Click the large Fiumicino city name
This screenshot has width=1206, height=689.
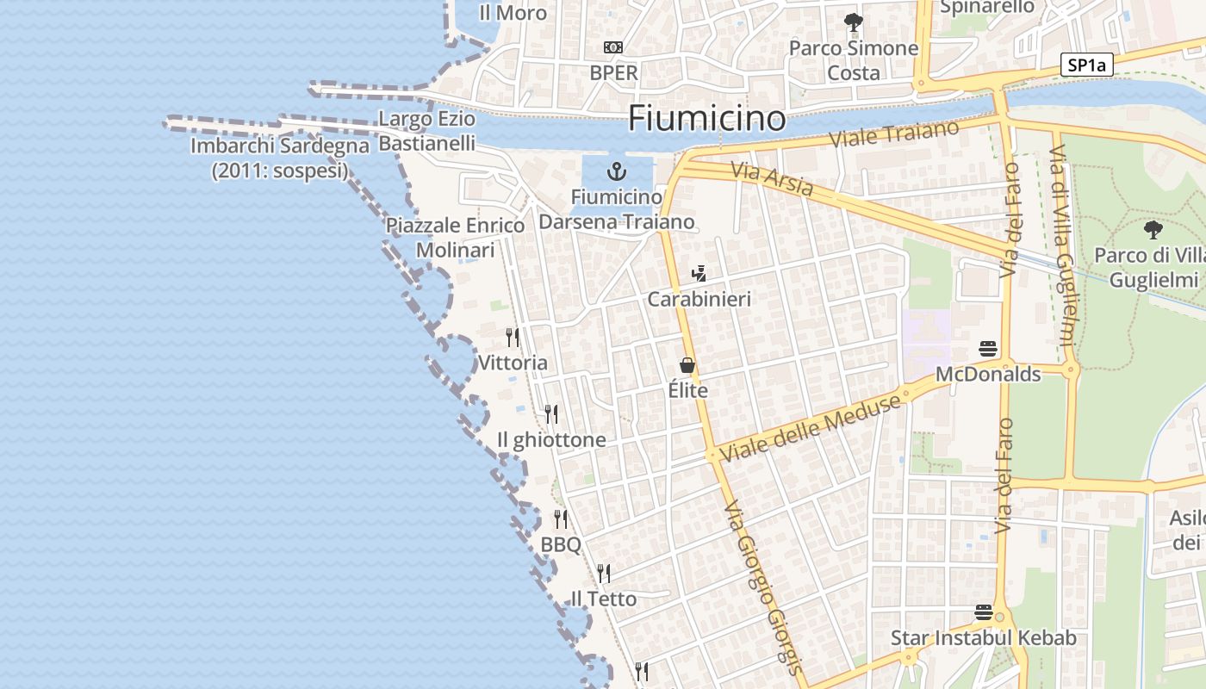pos(706,118)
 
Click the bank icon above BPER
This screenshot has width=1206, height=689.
pos(613,47)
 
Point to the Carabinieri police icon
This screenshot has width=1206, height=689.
pos(699,274)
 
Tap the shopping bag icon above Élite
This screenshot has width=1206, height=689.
pos(687,365)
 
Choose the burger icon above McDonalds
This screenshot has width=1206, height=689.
pos(988,349)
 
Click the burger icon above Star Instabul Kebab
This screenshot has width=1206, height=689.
pos(984,612)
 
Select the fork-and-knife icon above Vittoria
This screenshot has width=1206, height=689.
pos(513,336)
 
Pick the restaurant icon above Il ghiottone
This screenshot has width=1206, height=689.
pos(551,414)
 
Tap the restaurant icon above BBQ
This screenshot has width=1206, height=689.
pos(561,518)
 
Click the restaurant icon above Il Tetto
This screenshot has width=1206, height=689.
pos(604,573)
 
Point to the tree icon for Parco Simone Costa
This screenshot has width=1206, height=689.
pos(853,22)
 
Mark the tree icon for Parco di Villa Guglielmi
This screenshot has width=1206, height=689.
pos(1153,229)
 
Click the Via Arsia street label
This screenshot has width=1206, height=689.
pos(772,179)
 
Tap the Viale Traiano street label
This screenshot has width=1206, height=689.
pos(894,134)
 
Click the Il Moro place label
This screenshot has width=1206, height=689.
pos(513,13)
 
